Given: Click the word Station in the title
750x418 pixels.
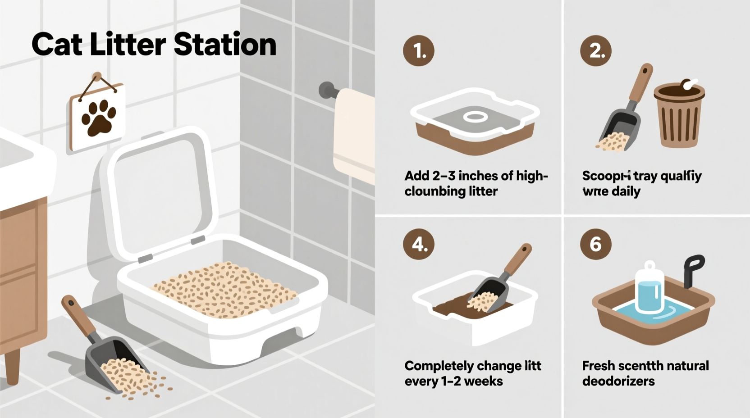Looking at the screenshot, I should [224, 45].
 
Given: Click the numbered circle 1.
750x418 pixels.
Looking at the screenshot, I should [418, 50].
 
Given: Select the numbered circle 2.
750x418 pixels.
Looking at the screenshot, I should [595, 50].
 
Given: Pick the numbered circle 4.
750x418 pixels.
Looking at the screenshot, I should [418, 244].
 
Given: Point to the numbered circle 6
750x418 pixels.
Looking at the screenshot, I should [595, 244].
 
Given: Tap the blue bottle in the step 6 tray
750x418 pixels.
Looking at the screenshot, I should [649, 288].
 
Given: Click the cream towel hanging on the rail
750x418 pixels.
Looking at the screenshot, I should [354, 135].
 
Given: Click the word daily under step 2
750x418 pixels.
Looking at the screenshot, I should [626, 191].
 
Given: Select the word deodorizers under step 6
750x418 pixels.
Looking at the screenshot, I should [618, 382].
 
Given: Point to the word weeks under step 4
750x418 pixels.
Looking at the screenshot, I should [483, 382].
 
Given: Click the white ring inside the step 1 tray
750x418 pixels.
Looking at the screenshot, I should [475, 117].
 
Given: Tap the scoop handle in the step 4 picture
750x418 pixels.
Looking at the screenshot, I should [518, 261].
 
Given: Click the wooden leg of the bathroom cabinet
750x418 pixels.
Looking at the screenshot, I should [12, 367].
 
